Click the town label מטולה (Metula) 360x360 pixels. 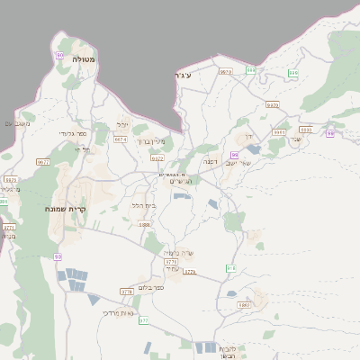[x=85, y=59]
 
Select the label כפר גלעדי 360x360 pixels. [x=73, y=134]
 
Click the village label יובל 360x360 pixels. [x=123, y=124]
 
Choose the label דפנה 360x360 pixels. [x=210, y=161]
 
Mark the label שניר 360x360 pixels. [x=295, y=139]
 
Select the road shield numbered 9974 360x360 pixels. [x=120, y=139]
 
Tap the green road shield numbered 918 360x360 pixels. [x=230, y=268]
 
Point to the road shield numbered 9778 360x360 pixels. [x=126, y=292]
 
